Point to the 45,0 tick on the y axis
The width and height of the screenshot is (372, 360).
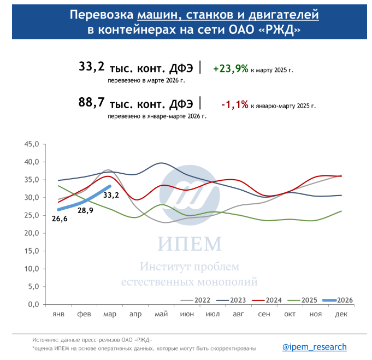click(31, 145)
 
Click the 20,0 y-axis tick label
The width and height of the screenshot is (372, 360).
click(31, 233)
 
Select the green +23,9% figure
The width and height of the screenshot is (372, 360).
click(231, 69)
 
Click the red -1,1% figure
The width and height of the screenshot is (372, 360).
click(234, 104)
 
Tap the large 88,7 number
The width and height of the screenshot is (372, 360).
click(91, 102)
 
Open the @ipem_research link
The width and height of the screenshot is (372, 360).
click(314, 347)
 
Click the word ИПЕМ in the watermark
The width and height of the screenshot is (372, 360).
click(188, 244)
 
